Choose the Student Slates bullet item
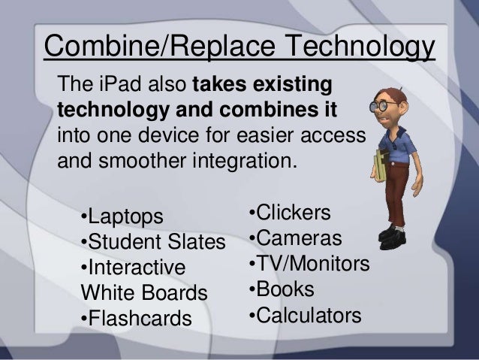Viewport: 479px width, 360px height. click(x=152, y=243)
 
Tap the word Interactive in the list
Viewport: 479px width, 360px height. click(x=136, y=268)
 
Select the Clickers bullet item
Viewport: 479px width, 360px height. click(x=289, y=213)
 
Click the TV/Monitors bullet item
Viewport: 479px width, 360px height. click(x=309, y=264)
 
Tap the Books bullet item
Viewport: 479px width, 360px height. click(x=281, y=289)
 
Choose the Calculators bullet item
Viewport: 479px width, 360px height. click(x=304, y=315)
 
